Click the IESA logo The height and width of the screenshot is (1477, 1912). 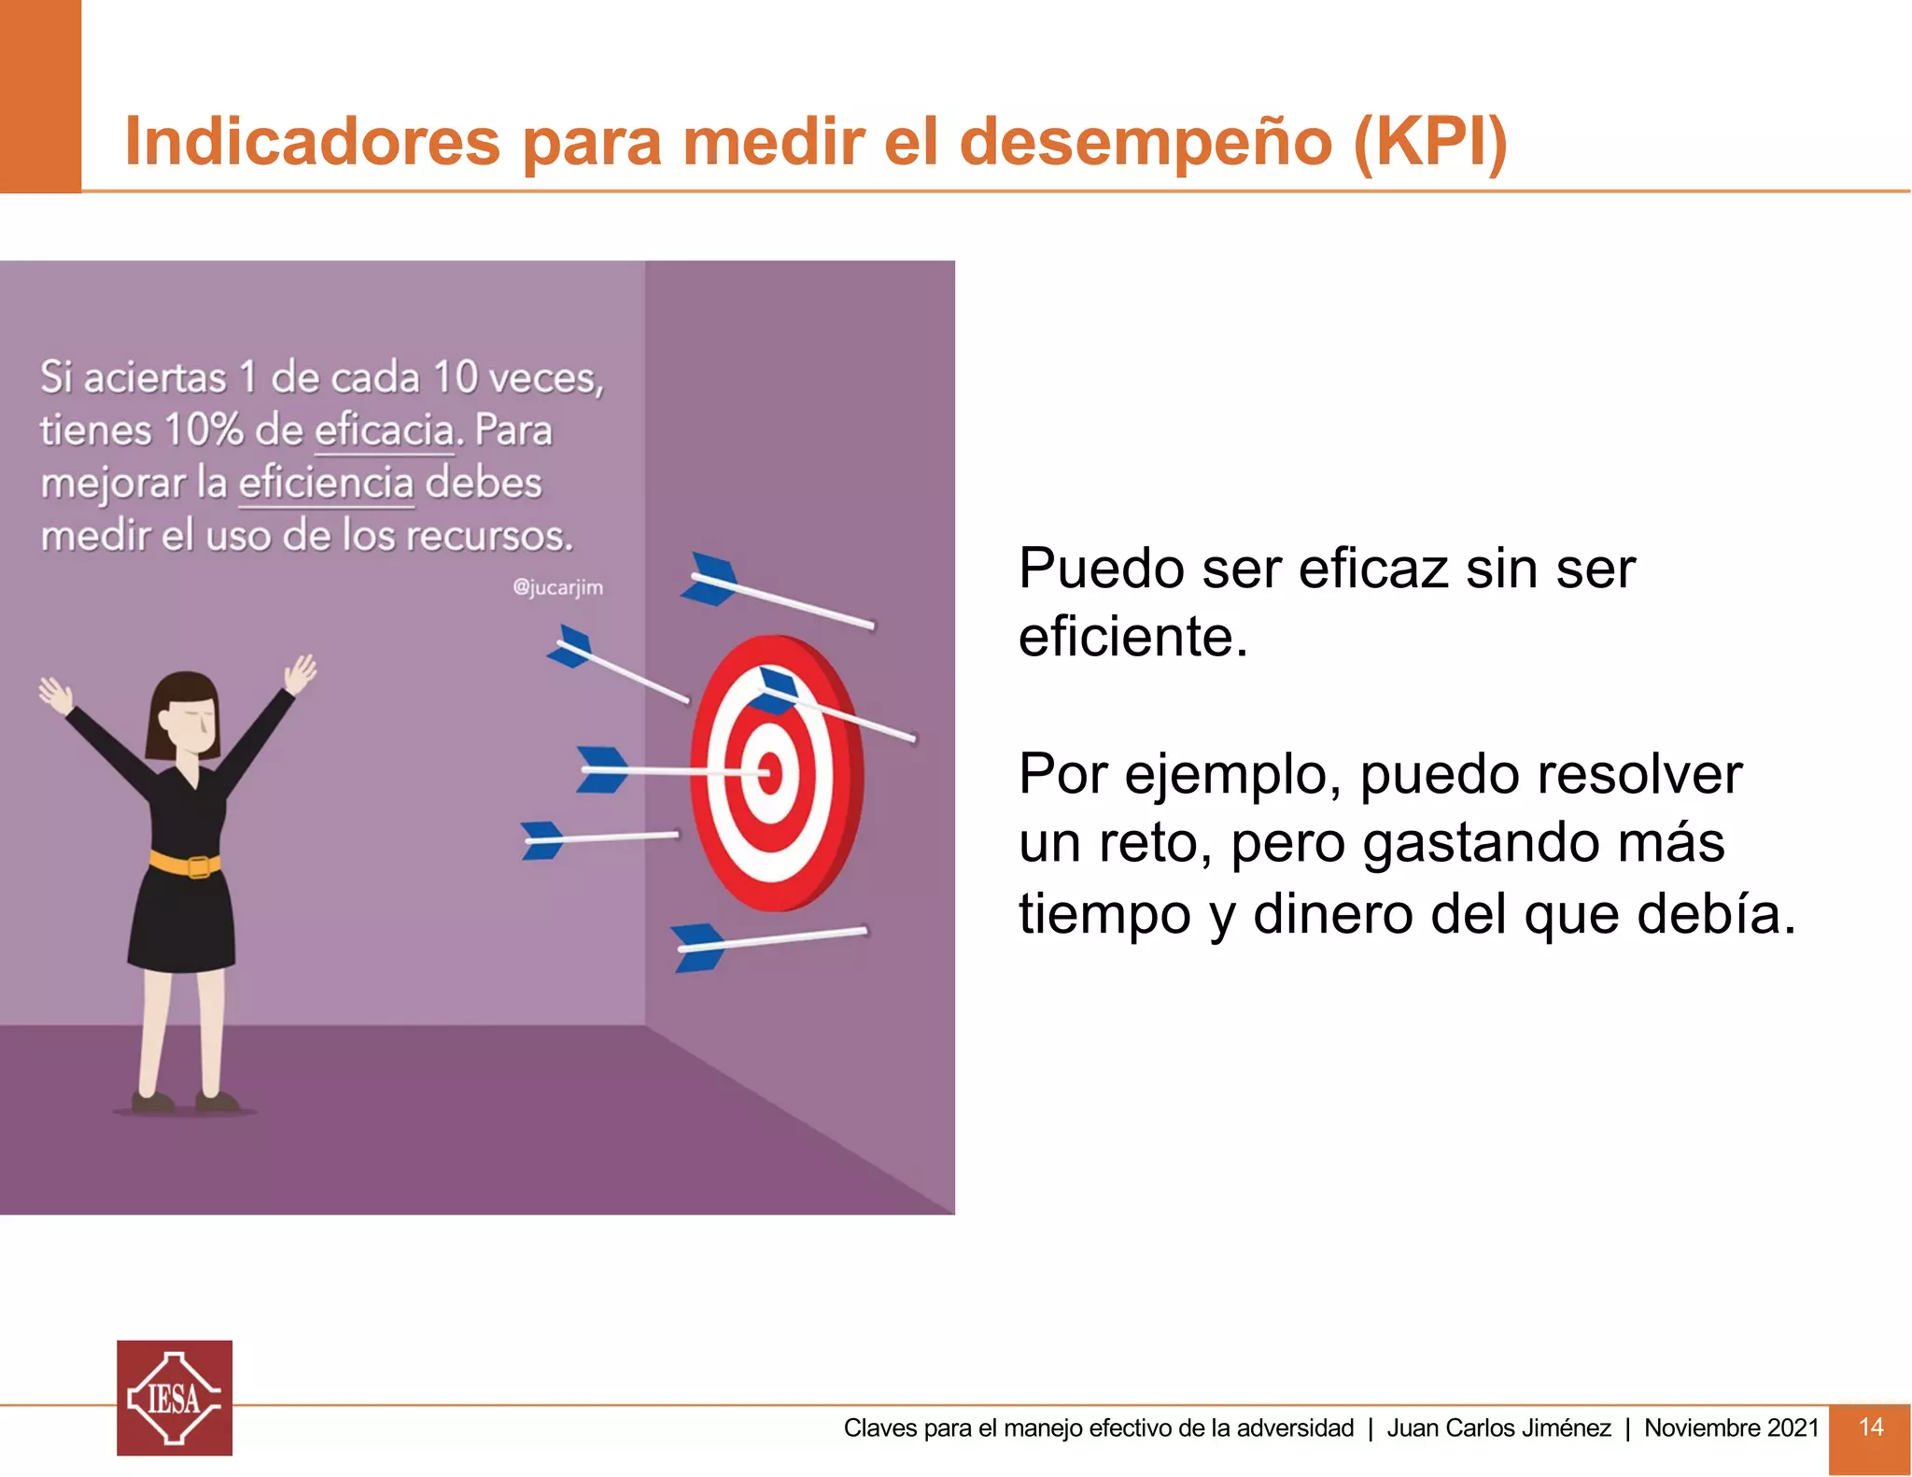coord(175,1398)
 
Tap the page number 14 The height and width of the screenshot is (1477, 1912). coord(1870,1427)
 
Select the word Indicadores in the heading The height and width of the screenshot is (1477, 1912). coord(313,142)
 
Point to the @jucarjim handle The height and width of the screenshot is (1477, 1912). coord(557,587)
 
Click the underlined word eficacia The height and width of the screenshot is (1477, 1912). coord(385,431)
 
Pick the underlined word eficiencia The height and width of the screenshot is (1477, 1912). coord(326,484)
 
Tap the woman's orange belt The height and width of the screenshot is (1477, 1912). coord(186,864)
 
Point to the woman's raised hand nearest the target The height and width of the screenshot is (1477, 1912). coord(301,673)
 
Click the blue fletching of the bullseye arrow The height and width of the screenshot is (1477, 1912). coord(602,769)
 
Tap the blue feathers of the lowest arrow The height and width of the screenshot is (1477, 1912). coord(696,946)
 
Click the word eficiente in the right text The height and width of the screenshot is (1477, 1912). coord(1132,638)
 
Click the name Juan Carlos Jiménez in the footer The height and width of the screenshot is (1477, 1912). coord(1498,1428)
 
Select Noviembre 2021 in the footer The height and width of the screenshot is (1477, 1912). coord(1731,1428)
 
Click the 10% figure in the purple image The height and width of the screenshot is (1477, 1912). coord(204,431)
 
